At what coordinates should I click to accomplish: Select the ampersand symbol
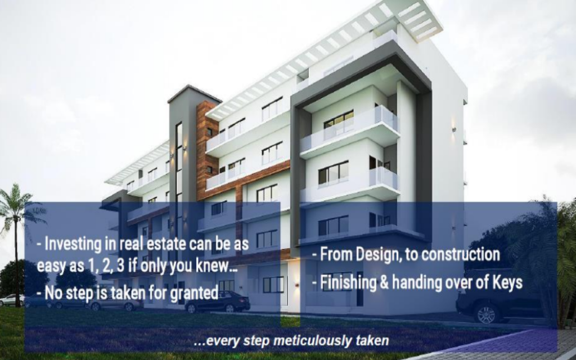(x=384, y=282)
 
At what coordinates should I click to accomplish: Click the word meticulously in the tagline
(x=313, y=340)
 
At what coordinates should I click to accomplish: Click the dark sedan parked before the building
(x=218, y=302)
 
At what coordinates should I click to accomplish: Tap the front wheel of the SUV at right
(x=487, y=314)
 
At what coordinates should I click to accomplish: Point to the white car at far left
(x=11, y=300)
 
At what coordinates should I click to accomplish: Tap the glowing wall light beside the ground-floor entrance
(x=297, y=285)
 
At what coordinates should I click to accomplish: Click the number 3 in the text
(x=120, y=266)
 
